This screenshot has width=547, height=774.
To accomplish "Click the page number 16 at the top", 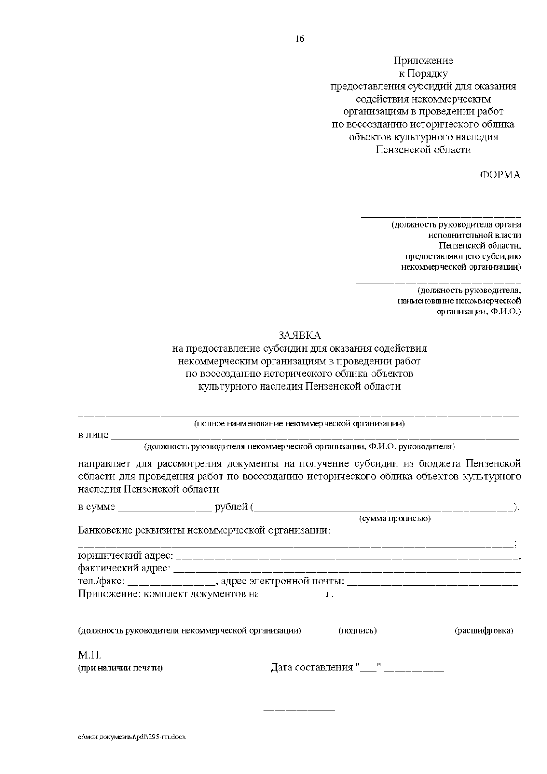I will [x=299, y=39].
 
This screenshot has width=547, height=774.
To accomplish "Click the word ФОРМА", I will [x=500, y=175].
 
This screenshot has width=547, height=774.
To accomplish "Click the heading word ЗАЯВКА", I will [x=299, y=336].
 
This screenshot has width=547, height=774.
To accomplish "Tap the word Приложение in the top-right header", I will [x=423, y=61].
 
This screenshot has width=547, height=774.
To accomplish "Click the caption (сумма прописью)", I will [x=395, y=519].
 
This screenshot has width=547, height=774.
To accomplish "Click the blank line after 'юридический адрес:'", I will [x=346, y=557].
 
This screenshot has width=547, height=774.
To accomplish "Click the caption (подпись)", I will [x=357, y=631].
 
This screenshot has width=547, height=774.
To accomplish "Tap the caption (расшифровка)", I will [x=484, y=631].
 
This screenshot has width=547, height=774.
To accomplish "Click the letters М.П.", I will [x=90, y=655].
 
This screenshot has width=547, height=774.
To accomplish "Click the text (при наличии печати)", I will [x=120, y=668].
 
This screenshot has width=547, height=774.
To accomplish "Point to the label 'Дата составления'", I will [x=312, y=668].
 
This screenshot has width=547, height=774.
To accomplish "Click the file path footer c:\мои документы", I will [x=132, y=737].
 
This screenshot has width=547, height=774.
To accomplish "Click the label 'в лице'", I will [x=93, y=435].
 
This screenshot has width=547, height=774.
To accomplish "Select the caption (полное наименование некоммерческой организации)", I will [x=299, y=424].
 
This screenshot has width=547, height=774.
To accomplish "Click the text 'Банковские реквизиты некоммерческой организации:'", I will [x=204, y=530].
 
